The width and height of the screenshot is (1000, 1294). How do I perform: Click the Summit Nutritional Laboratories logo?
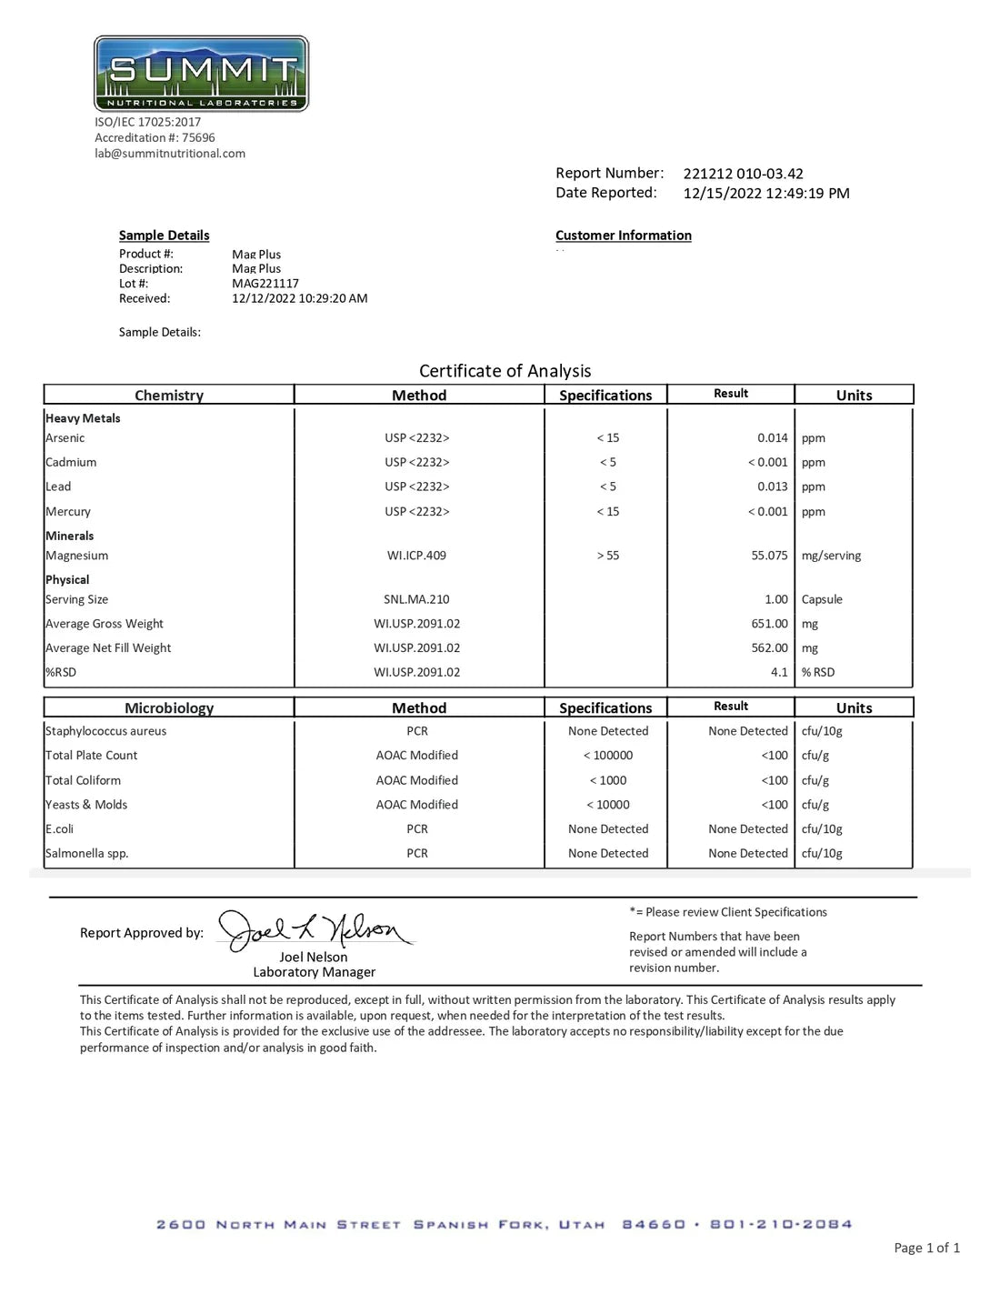pos(201,74)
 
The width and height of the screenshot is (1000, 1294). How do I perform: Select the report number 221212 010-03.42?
pos(743,174)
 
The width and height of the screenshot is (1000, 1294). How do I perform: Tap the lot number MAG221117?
pos(265,284)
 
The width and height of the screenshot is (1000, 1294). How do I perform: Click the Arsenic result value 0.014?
pos(772,438)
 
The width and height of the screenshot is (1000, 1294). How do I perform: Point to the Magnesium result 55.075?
pos(769,556)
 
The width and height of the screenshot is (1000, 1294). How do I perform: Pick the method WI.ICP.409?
pos(416,556)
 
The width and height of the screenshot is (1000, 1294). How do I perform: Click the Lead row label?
pos(58,487)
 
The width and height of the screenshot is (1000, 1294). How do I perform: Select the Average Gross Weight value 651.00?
pos(769,624)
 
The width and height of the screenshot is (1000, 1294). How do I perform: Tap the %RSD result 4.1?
pos(779,673)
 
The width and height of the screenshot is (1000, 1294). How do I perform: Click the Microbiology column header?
pos(169,708)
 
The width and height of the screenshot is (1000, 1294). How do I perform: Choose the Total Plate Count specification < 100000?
pos(608,756)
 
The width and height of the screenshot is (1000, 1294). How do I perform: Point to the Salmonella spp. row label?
pos(87,854)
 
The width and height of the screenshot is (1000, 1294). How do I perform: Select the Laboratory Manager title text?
pos(314,972)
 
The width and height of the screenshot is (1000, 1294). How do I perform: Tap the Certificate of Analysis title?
pos(505,371)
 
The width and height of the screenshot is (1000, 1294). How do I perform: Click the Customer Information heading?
pos(623,236)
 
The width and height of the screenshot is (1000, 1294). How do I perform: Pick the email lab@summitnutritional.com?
pos(170,154)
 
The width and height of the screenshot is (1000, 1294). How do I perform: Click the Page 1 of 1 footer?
pos(926,1249)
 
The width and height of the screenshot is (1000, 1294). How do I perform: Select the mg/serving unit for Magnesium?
pos(831,556)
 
